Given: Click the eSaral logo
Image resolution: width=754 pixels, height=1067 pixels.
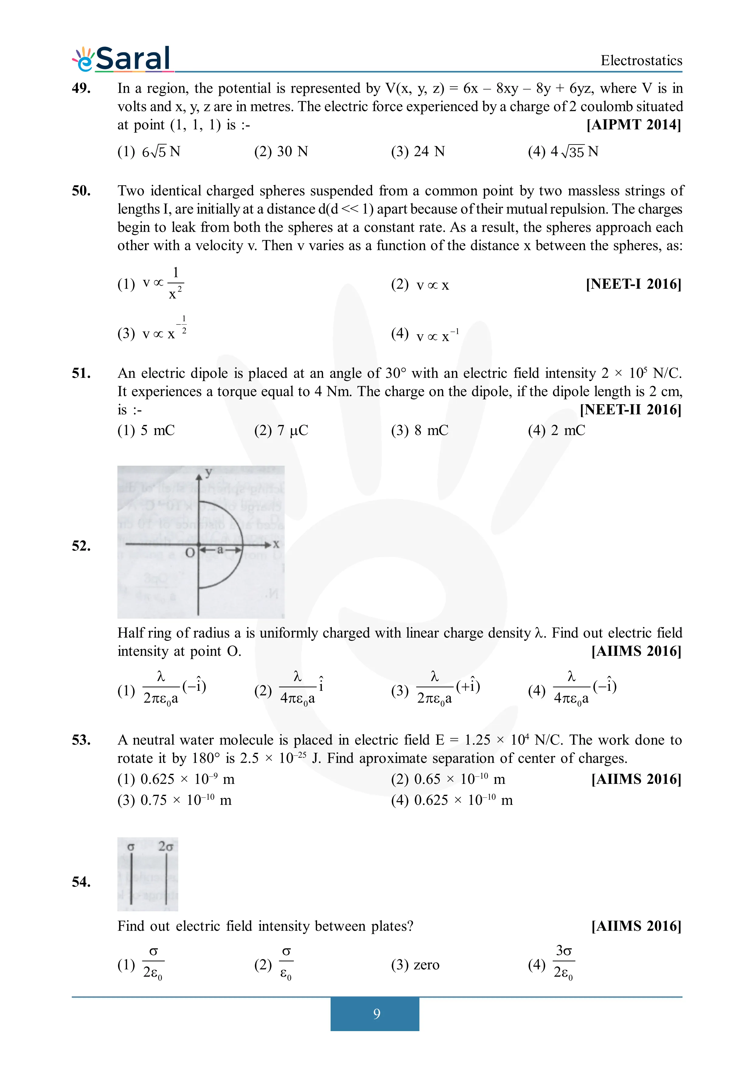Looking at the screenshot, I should point(122,60).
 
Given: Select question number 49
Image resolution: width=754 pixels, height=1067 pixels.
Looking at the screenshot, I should point(81,88).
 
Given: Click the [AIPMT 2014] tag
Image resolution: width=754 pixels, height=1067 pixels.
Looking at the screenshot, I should point(634,125).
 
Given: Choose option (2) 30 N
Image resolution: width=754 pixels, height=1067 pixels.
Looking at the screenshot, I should point(281,151).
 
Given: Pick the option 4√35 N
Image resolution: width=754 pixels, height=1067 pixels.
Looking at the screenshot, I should point(563,151).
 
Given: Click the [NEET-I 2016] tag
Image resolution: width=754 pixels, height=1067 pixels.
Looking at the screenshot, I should point(634,284).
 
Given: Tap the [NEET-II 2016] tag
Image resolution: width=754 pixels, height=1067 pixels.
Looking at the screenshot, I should point(631,409).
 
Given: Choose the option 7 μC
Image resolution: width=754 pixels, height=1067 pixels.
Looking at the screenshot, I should point(281,430).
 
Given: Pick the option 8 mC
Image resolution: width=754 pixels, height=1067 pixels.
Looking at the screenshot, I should point(419,430).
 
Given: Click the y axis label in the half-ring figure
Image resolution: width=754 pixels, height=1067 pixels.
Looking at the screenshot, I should point(209,472).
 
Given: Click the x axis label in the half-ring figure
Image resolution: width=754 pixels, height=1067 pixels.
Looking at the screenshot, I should point(276,544).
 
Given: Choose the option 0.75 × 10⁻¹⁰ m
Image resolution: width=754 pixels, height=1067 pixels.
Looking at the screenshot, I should point(174,800).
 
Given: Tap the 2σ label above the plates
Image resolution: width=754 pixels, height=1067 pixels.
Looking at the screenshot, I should point(165,846).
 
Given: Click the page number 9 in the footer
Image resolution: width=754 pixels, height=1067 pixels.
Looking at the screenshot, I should point(376,1013).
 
